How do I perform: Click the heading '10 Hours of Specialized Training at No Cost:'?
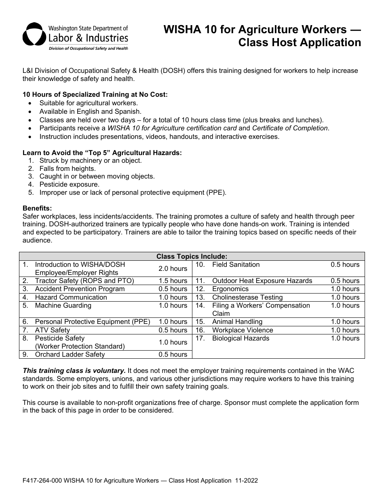pyautogui.click(x=95, y=95)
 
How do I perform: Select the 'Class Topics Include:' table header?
pyautogui.click(x=192, y=256)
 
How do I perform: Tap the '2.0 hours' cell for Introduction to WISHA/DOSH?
pyautogui.click(x=173, y=268)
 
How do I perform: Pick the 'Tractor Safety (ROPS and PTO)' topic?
pyautogui.click(x=84, y=281)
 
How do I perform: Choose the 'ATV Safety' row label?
pyautogui.click(x=52, y=330)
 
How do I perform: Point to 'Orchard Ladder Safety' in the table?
pyautogui.click(x=70, y=354)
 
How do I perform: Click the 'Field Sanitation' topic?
pyautogui.click(x=236, y=264)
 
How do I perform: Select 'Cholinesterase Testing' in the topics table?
pyautogui.click(x=247, y=297)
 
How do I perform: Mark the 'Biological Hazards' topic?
pyautogui.click(x=241, y=338)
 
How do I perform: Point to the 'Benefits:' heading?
pyautogui.click(x=37, y=209)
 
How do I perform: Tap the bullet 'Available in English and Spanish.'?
pyautogui.click(x=90, y=111)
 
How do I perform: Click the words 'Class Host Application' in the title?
pyautogui.click(x=299, y=43)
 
